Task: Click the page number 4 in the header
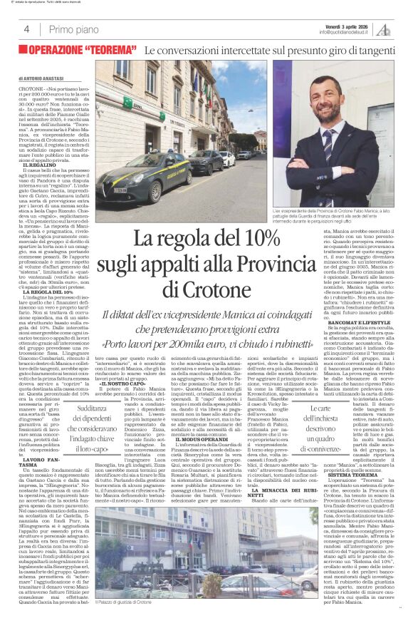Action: pos(26,29)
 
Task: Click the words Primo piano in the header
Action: pos(75,29)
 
